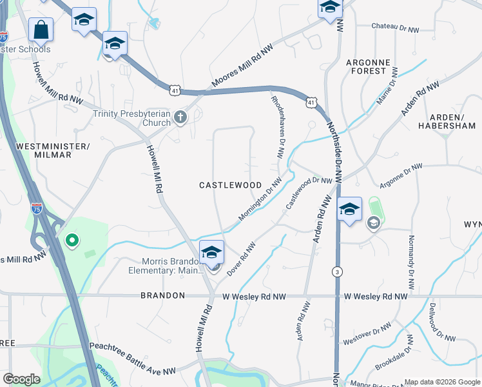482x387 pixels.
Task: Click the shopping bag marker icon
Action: [x=41, y=30]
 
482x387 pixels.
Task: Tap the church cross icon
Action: [x=180, y=117]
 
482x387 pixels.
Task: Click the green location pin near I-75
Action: [x=72, y=241]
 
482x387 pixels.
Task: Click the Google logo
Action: [x=21, y=379]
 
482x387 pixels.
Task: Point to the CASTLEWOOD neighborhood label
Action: [x=230, y=185]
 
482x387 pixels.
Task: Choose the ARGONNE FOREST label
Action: [x=369, y=66]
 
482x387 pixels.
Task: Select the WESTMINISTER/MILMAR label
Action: [x=53, y=151]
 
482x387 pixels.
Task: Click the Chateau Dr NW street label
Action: [x=400, y=26]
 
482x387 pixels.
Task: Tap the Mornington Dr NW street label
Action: [x=260, y=201]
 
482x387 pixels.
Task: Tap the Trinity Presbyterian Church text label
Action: [x=132, y=118]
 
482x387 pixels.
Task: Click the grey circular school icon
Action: [x=372, y=223]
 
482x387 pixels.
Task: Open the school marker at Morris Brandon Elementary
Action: [x=211, y=253]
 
